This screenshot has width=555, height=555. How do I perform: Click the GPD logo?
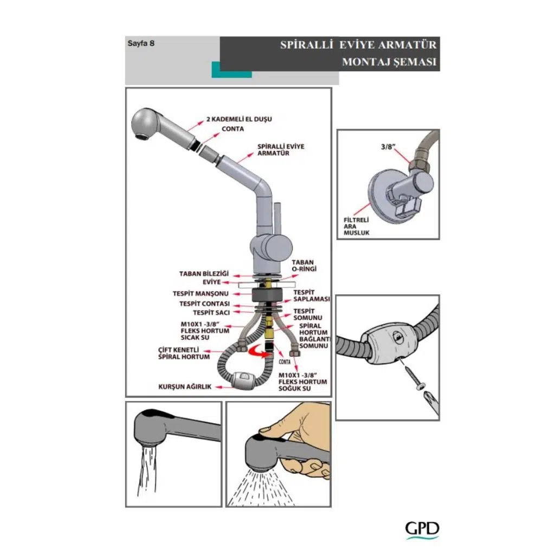pyautogui.click(x=422, y=530)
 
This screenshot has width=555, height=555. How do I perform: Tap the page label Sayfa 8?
pyautogui.click(x=141, y=44)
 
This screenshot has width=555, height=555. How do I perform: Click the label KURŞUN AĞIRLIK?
pyautogui.click(x=184, y=386)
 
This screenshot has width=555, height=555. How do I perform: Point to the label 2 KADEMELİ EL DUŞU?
pyautogui.click(x=238, y=118)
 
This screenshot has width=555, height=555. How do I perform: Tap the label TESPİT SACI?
pyautogui.click(x=211, y=313)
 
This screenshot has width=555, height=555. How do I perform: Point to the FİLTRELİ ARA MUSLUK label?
pyautogui.click(x=356, y=226)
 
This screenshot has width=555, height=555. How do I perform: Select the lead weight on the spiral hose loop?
pyautogui.click(x=240, y=379)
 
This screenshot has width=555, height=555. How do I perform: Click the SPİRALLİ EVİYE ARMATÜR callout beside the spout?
pyautogui.click(x=281, y=150)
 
